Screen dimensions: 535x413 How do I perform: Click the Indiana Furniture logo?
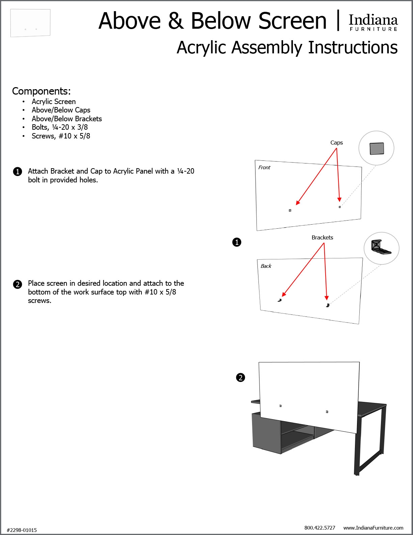click(373, 22)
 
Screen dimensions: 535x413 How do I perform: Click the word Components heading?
click(41, 91)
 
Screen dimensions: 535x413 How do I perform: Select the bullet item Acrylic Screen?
click(54, 102)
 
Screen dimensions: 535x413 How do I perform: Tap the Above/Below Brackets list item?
click(66, 119)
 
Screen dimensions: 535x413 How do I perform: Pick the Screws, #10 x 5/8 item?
click(61, 136)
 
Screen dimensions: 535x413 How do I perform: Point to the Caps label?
click(336, 143)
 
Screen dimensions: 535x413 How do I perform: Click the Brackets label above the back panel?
click(322, 237)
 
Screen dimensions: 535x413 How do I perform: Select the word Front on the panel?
click(264, 168)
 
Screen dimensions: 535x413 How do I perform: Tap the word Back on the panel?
click(266, 266)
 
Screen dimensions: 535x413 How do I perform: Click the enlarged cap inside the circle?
click(377, 148)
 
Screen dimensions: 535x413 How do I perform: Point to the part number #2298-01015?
click(22, 530)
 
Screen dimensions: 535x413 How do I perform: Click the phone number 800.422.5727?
click(320, 528)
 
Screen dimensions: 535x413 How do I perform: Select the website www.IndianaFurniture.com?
click(373, 528)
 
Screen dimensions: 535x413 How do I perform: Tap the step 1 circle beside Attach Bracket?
click(18, 172)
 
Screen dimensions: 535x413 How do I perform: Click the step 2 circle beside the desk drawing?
click(240, 378)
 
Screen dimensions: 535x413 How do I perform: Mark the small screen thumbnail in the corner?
click(30, 23)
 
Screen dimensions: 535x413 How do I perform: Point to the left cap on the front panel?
click(290, 210)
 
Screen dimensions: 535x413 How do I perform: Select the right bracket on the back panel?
click(327, 305)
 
